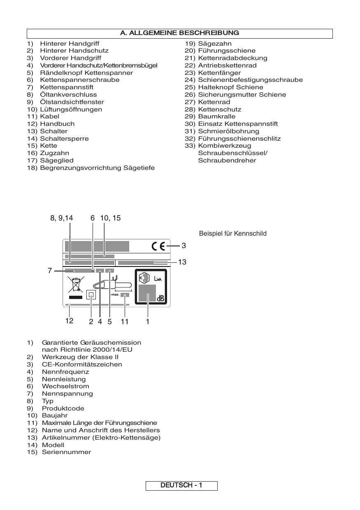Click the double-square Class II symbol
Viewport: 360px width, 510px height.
pos(91,295)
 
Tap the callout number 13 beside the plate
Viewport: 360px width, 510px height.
pos(182,262)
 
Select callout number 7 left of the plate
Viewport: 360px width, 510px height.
pos(49,271)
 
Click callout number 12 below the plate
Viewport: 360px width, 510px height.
pos(69,321)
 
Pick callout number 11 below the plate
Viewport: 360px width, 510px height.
pos(124,322)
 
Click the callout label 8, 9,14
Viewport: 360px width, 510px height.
pos(62,218)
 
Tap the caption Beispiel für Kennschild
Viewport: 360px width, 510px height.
pos(233,234)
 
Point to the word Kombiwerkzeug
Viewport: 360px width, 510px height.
pos(224,146)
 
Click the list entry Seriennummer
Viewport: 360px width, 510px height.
pos(66,452)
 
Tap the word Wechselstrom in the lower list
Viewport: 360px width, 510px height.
pos(65,386)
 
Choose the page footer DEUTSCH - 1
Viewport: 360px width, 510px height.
pos(181,485)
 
